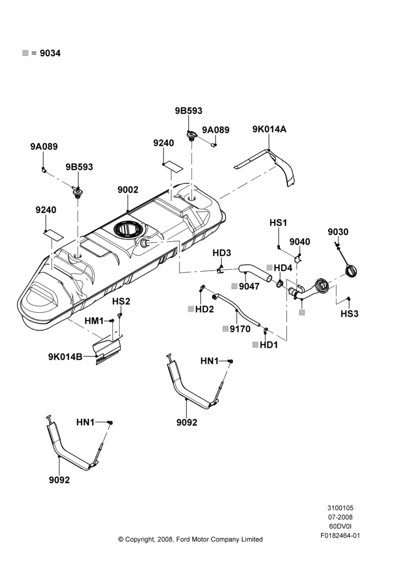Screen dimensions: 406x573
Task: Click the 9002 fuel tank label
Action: click(128, 190)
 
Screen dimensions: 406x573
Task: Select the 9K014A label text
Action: click(269, 129)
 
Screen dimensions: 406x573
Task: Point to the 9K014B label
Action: click(65, 356)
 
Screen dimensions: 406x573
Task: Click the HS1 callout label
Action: click(278, 223)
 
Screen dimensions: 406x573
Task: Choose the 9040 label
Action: click(299, 242)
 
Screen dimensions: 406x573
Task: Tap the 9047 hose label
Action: click(249, 286)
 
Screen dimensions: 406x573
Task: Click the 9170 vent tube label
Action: click(240, 329)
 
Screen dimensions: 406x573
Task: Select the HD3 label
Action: click(222, 253)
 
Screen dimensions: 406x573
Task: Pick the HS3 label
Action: click(349, 314)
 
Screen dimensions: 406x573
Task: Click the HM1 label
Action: click(95, 321)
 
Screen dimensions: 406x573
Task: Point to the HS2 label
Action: click(121, 301)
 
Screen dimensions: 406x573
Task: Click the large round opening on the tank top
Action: click(127, 229)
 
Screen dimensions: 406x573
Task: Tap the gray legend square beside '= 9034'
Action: click(25, 53)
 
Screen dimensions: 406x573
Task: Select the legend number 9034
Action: click(50, 53)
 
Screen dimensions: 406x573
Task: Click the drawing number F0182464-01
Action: click(340, 536)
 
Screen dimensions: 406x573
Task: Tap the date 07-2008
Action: click(340, 517)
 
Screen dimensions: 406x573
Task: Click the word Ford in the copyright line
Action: click(182, 539)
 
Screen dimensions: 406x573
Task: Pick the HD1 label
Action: click(269, 345)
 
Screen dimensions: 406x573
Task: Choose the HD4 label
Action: click(283, 268)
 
